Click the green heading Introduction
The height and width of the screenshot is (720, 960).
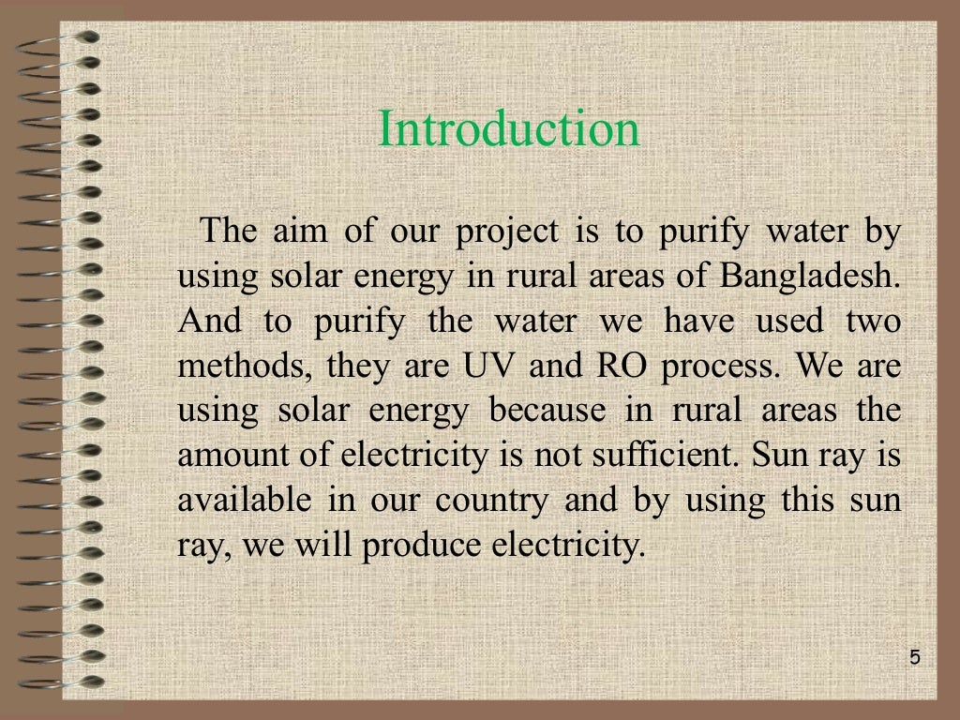pos(509,129)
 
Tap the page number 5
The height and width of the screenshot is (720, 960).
pos(915,657)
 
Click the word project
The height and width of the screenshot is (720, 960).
pos(506,232)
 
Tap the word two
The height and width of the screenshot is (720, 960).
pos(872,322)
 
